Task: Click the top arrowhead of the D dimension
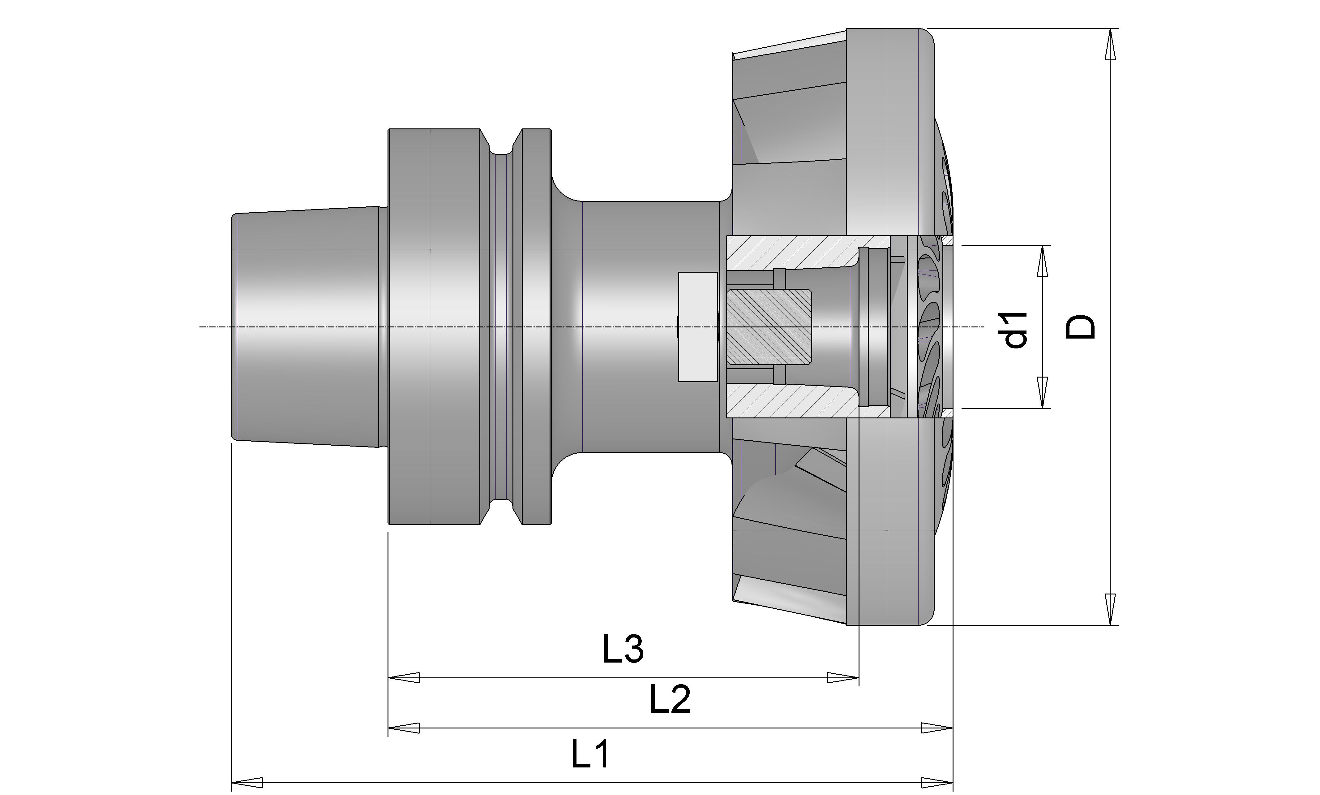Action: (1111, 44)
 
